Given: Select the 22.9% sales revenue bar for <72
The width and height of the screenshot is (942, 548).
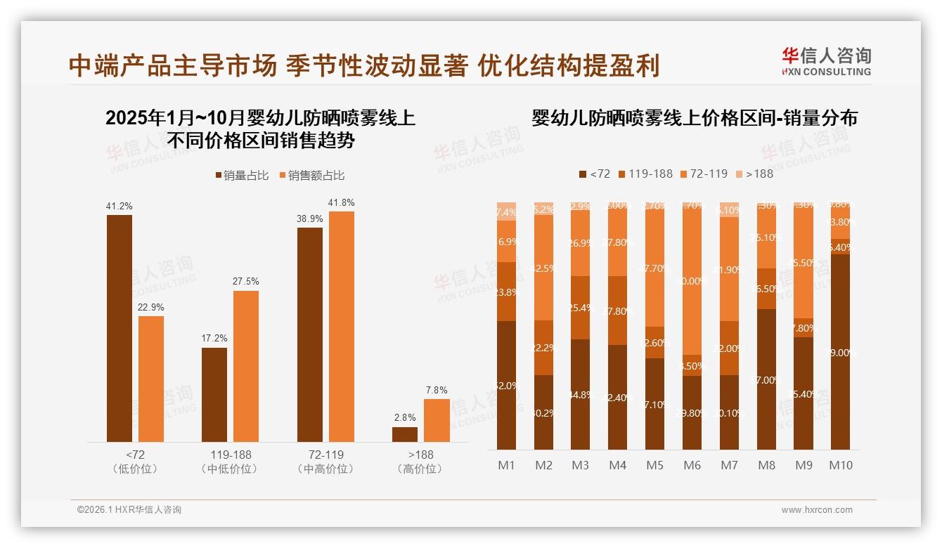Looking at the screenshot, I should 151,379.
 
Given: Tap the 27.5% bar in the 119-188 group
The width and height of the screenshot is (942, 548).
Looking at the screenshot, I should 246,366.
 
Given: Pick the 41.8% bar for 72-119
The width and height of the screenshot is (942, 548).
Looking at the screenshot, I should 342,327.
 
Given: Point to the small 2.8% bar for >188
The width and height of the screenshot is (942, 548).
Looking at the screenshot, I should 405,434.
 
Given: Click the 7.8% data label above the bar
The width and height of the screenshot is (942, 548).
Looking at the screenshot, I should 437,390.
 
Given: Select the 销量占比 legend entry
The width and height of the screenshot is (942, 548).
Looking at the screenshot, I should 242,176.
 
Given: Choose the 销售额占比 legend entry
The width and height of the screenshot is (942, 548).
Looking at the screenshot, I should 311,176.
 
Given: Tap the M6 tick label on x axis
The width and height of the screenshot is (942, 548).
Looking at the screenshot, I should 693,465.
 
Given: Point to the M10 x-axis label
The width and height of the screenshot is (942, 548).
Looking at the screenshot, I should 841,465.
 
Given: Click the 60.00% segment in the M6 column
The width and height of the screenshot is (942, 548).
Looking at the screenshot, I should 692,281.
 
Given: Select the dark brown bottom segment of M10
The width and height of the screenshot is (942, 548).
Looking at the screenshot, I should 841,351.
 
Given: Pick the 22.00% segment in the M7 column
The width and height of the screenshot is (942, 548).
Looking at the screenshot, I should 730,348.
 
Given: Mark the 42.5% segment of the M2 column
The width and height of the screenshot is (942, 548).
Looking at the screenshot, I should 543,268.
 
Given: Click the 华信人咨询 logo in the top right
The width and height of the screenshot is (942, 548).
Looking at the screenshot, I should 826,61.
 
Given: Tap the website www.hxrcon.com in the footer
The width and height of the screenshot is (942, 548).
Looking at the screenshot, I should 817,510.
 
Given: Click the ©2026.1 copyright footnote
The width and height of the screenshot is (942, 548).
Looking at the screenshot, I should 129,510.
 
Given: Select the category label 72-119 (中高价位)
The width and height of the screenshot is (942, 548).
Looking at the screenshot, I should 325,462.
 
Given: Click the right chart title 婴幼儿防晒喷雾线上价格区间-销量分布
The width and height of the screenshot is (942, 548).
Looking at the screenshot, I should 695,118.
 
